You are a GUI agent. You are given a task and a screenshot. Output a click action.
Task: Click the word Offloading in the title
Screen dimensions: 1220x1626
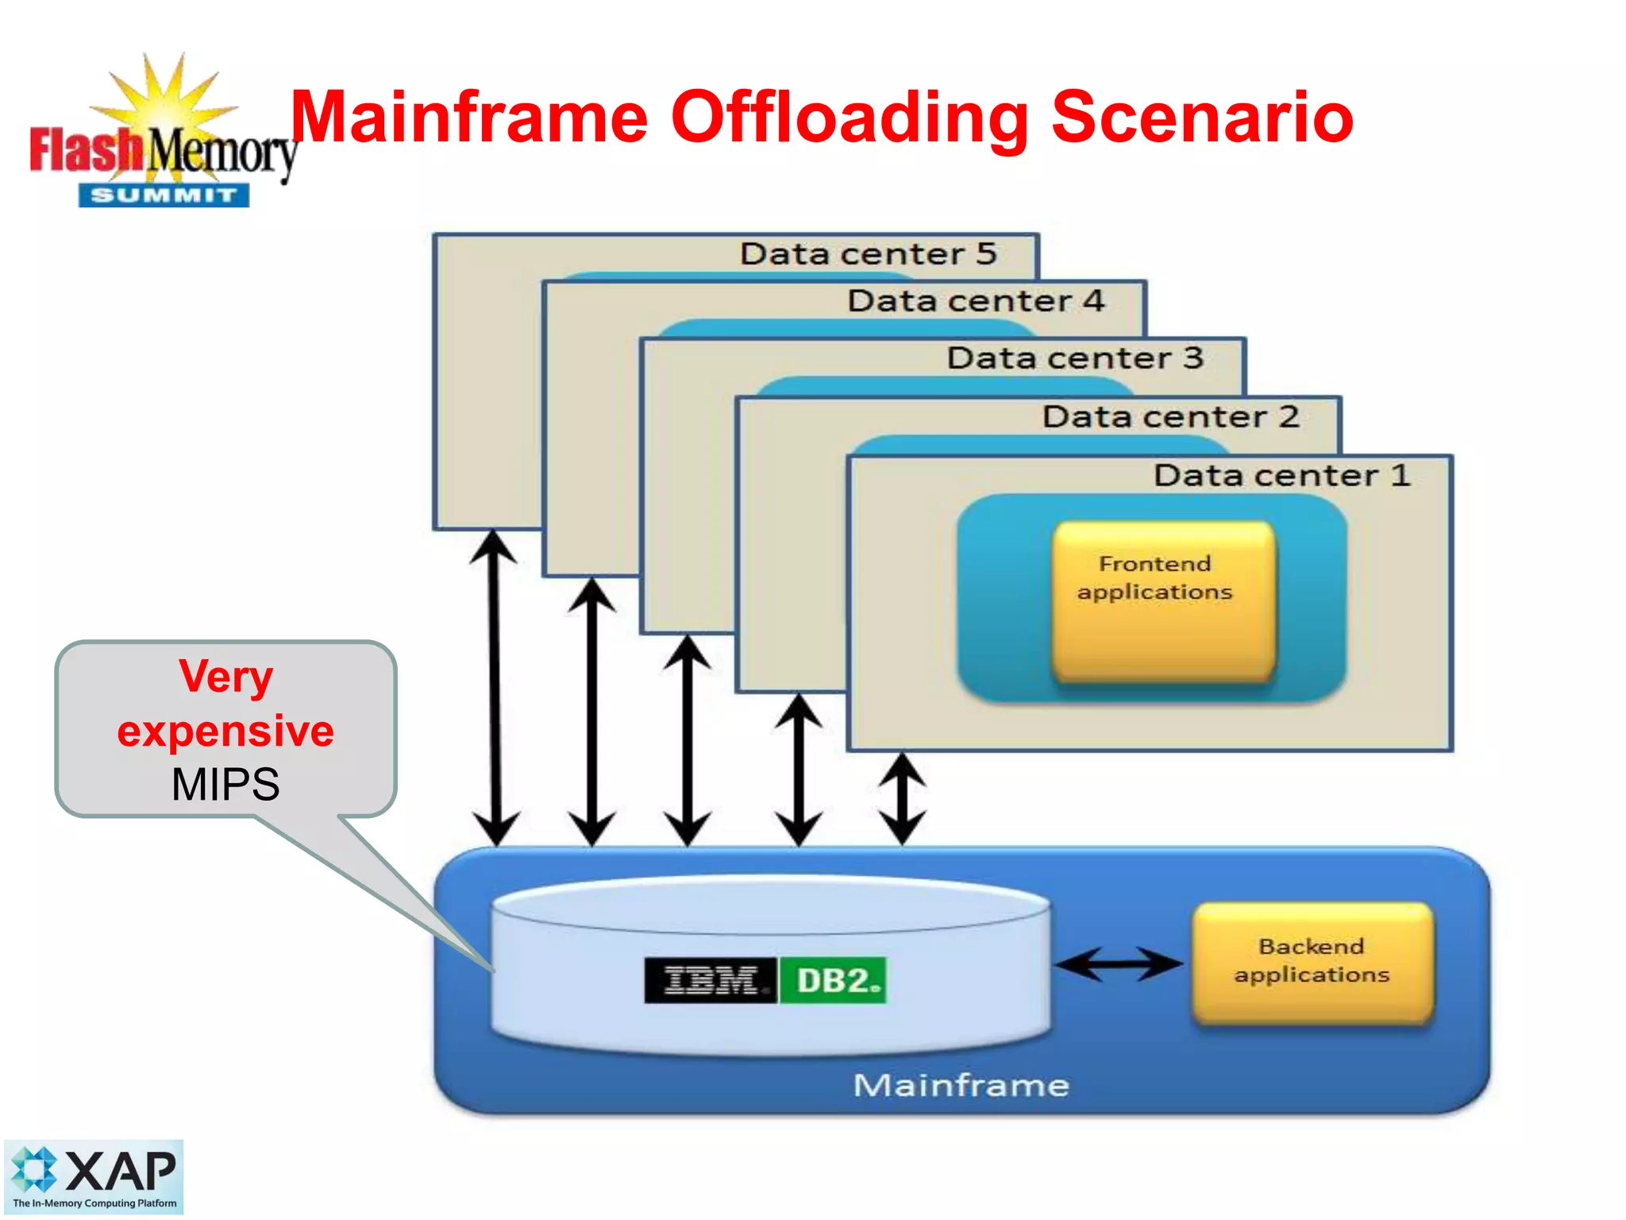tap(850, 119)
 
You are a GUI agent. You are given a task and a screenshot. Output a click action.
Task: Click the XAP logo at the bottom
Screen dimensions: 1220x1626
tap(94, 1176)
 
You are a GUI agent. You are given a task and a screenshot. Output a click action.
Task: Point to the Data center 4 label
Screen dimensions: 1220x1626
tap(976, 301)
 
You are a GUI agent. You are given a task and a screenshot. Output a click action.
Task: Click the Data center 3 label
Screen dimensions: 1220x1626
tap(1075, 358)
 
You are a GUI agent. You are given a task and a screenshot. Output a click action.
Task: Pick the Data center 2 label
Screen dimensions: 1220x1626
tap(1170, 417)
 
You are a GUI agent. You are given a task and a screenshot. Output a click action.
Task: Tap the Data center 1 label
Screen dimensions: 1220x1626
tap(1281, 476)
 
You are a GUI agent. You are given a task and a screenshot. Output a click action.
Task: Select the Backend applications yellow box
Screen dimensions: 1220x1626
tap(1313, 962)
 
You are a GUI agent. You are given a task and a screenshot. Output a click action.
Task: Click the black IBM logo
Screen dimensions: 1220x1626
tap(711, 981)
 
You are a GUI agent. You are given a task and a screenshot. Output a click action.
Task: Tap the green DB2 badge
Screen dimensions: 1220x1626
tap(834, 981)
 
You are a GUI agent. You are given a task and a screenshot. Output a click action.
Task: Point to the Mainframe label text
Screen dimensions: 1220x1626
tap(961, 1085)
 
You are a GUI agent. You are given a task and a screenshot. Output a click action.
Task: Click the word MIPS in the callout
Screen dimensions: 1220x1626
tap(225, 785)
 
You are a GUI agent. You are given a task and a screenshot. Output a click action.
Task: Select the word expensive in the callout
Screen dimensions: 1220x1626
tap(225, 731)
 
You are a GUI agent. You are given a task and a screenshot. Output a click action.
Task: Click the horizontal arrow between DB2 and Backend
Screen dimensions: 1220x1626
tap(1119, 964)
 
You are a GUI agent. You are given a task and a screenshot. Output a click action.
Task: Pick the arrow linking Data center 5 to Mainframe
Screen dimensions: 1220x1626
tap(495, 688)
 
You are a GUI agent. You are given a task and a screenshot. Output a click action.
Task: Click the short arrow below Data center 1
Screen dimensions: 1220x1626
tap(903, 798)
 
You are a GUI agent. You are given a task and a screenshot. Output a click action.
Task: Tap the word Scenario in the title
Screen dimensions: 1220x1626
tap(1202, 119)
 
